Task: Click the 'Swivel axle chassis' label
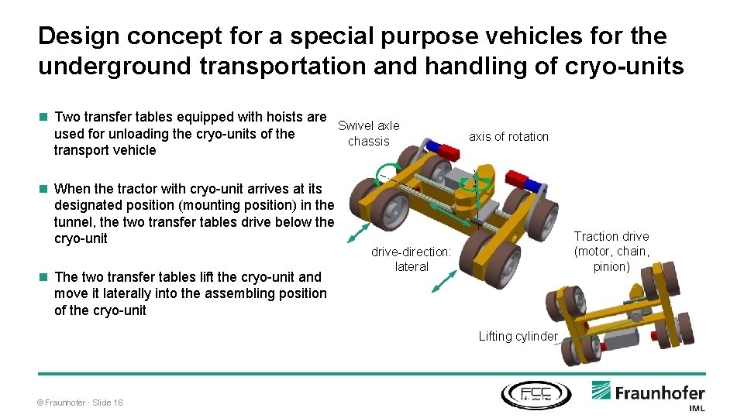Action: pos(369,133)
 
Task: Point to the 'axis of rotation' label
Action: pos(508,137)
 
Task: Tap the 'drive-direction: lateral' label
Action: pos(411,259)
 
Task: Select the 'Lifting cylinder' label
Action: pos(518,336)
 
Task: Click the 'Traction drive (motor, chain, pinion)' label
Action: pos(611,252)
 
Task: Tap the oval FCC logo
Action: pos(536,394)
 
